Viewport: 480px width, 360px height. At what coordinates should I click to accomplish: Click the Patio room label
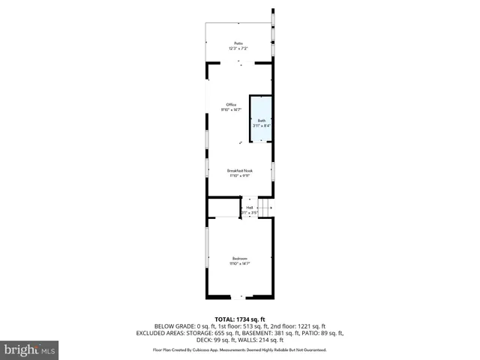(x=238, y=43)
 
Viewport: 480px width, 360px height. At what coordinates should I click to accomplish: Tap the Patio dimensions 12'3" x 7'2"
(x=238, y=49)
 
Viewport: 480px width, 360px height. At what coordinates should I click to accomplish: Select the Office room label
(x=232, y=104)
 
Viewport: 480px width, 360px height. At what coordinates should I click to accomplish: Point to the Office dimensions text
(x=232, y=109)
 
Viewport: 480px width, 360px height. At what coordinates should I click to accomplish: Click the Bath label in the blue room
(x=262, y=121)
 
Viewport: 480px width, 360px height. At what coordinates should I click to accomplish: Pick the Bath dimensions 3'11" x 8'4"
(x=262, y=126)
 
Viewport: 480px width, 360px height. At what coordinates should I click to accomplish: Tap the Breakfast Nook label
(x=240, y=170)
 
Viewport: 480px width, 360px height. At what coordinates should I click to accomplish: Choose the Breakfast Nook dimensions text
(x=240, y=175)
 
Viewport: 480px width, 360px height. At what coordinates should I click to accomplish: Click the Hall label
(x=250, y=208)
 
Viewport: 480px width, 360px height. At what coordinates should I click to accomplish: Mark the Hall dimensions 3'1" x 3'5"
(x=250, y=213)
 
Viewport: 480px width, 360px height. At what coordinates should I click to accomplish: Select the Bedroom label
(x=239, y=258)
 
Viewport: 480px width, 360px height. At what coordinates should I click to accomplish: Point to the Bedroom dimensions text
(x=239, y=263)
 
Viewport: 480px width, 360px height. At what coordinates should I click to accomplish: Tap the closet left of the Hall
(x=223, y=208)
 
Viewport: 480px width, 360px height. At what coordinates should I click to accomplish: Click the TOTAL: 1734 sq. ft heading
(x=240, y=319)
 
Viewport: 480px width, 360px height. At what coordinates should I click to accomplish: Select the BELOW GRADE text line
(x=240, y=326)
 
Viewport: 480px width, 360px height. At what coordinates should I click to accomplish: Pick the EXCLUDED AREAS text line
(x=240, y=332)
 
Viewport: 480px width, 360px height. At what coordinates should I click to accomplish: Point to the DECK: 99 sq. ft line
(x=240, y=339)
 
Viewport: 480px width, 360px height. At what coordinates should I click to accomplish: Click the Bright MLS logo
(x=29, y=349)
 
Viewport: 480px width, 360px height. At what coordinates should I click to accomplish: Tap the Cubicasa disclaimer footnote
(x=240, y=349)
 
